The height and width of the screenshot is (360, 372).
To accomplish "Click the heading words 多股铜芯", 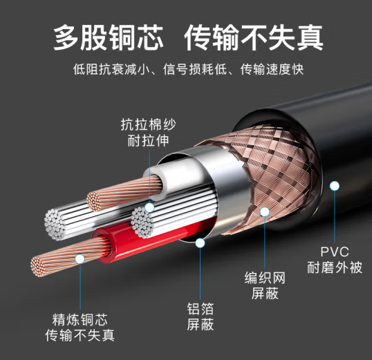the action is (109, 38).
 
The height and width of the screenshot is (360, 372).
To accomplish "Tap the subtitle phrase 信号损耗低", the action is (195, 69).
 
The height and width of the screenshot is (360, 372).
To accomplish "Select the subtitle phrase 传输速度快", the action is (272, 69).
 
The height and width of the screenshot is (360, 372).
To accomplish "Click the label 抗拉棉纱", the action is (148, 124).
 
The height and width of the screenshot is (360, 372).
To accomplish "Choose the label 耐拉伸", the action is (148, 140).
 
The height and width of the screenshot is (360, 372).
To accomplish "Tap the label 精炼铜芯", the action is (80, 319).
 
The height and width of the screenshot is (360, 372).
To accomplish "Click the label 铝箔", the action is (201, 309).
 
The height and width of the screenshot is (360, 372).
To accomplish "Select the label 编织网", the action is (265, 278).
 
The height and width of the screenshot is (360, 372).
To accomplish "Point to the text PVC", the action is (335, 252).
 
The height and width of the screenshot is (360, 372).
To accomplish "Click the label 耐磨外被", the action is (335, 267).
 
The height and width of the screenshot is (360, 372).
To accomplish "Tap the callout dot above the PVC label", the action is (335, 186).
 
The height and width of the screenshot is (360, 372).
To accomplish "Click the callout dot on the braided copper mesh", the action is (265, 211).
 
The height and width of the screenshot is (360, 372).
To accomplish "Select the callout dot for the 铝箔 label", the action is (201, 243).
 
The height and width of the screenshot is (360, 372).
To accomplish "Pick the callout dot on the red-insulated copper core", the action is (80, 258).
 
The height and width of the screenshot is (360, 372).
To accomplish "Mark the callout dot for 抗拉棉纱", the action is (149, 208).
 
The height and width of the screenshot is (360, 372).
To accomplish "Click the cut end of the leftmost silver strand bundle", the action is (55, 225).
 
